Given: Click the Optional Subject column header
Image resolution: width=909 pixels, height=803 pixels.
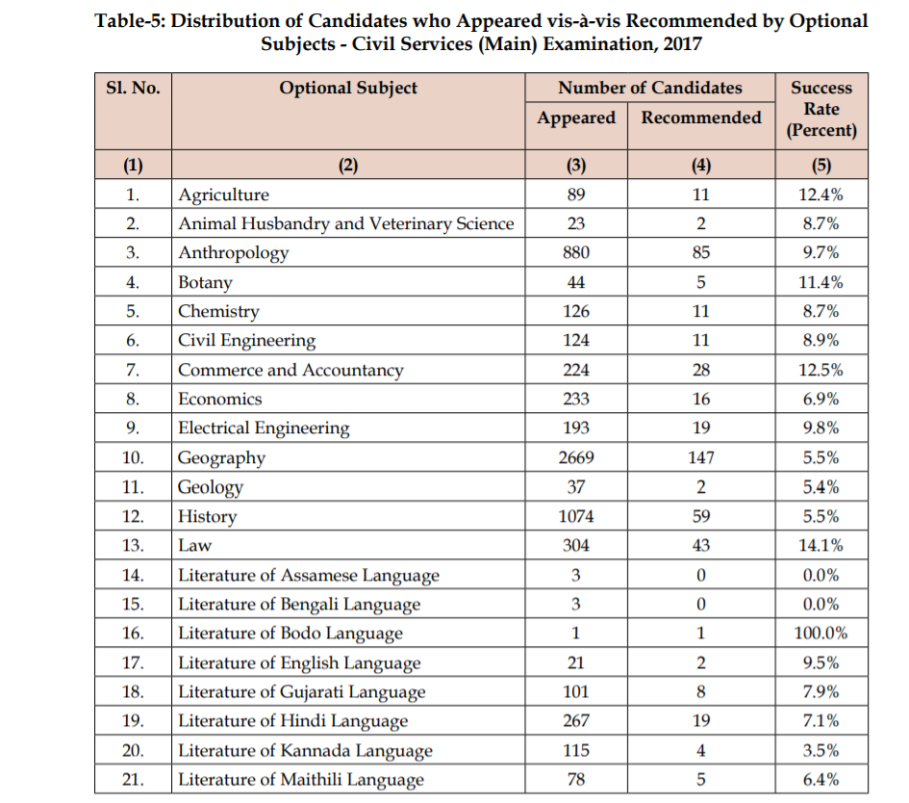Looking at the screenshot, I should (348, 89).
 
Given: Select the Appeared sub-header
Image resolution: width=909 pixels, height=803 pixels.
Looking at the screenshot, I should (576, 117).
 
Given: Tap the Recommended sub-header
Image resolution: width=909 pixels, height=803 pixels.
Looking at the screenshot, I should (701, 117).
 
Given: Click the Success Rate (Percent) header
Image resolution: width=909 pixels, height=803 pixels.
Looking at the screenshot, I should (821, 108).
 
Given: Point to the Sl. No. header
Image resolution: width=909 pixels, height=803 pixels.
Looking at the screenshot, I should (133, 89).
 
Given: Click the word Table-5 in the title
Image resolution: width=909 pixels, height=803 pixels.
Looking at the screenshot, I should (130, 21).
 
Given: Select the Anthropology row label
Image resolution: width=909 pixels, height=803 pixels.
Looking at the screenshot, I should (234, 253).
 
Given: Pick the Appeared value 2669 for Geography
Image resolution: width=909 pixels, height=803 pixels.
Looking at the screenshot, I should (576, 457).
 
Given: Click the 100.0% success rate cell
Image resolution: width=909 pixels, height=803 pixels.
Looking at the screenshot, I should (821, 634).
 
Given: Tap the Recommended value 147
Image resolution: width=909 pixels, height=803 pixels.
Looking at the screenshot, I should (701, 457).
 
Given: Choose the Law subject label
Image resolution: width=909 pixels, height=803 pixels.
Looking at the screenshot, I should (194, 545).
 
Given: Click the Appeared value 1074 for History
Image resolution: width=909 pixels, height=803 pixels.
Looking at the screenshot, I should (576, 516).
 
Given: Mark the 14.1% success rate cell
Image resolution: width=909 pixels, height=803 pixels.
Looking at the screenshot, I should (821, 545).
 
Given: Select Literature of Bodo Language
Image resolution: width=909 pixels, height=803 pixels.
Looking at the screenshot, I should (290, 634).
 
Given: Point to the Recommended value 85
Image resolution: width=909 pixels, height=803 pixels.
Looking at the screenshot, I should (701, 253).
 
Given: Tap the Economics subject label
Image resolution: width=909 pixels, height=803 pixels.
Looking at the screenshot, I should (220, 399).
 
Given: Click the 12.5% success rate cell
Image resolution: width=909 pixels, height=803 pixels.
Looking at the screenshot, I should (821, 370).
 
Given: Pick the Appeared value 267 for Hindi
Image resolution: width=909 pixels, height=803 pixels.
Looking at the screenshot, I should (576, 720).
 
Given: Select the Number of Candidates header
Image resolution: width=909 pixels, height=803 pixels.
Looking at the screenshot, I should (650, 88).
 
